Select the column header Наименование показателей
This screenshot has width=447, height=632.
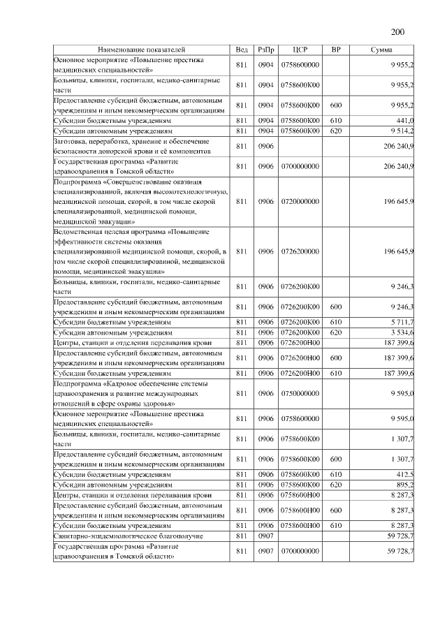[x=142, y=50]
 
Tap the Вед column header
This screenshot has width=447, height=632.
[x=242, y=50]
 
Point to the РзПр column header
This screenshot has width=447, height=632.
[x=265, y=50]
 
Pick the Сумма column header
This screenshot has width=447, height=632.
[x=381, y=50]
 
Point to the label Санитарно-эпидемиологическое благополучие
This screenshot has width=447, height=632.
[x=129, y=535]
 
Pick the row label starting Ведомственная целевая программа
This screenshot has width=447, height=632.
[x=140, y=251]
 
